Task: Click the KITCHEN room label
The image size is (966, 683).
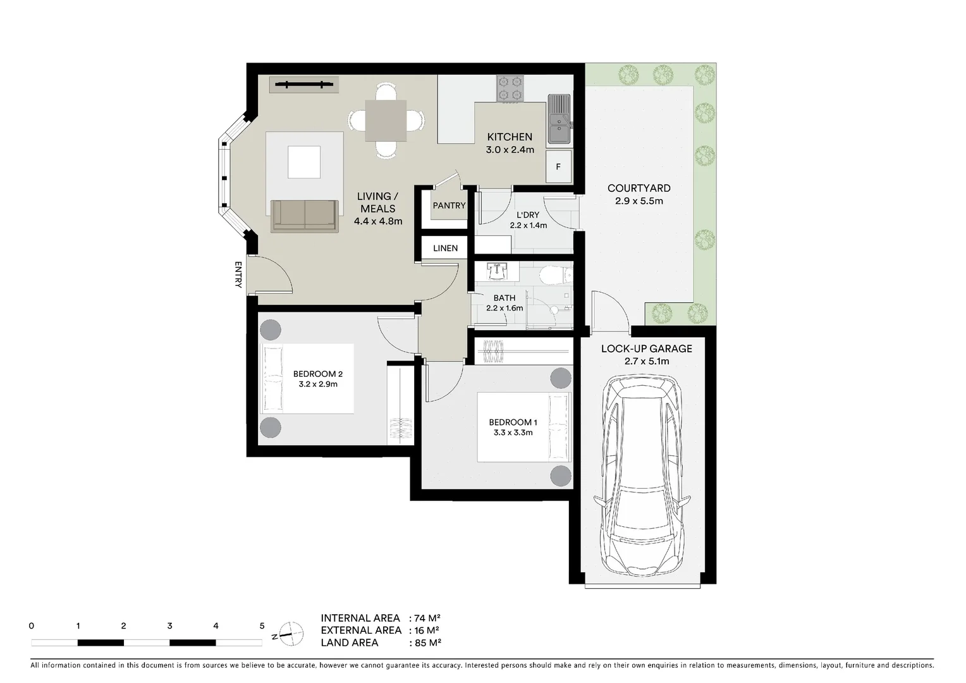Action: (x=510, y=137)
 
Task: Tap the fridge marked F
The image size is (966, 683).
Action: (x=558, y=167)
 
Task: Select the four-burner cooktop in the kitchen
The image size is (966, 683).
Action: (x=510, y=89)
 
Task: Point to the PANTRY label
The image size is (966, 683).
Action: (x=449, y=206)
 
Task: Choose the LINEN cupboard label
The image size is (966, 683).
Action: (x=445, y=248)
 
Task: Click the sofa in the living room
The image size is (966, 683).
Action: (x=304, y=215)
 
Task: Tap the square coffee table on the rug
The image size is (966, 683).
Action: (x=304, y=162)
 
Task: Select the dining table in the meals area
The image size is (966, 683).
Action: (x=386, y=120)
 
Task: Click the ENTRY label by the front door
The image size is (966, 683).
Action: (x=238, y=274)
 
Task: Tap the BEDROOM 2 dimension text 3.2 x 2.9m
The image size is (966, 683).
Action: (x=318, y=384)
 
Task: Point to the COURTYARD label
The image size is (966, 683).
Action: (x=639, y=188)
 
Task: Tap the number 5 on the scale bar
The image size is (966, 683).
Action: (x=262, y=626)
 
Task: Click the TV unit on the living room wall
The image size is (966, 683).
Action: (x=303, y=84)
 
